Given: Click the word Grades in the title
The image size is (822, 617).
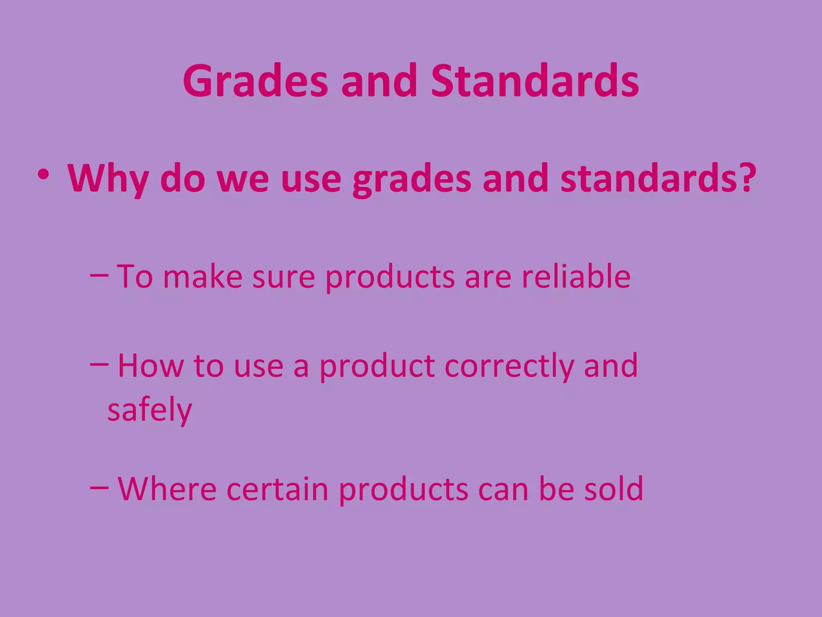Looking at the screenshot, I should point(256,82).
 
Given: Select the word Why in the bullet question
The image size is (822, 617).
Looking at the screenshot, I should point(108,179).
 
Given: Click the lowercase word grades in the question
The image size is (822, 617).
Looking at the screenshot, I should point(412,180).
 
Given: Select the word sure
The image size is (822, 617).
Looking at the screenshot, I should point(283,277).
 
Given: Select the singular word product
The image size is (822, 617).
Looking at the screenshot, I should point(377,366).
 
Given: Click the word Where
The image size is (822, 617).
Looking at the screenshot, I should point(167,489).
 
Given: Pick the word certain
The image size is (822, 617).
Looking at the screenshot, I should point(277,489).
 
